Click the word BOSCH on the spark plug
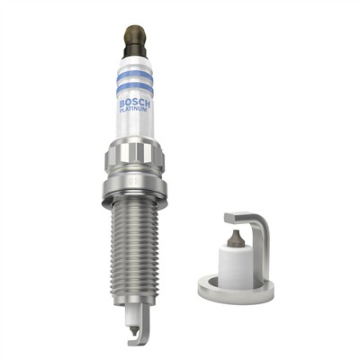pyautogui.click(x=136, y=103)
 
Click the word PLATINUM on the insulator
pyautogui.click(x=135, y=113)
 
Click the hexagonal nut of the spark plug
pyautogui.click(x=135, y=163)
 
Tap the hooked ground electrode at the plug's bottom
pyautogui.click(x=134, y=335)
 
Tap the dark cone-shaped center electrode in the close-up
pyautogui.click(x=235, y=238)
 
